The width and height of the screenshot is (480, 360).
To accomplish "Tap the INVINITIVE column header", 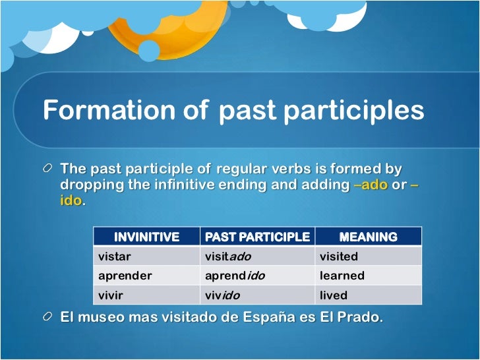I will [146, 237].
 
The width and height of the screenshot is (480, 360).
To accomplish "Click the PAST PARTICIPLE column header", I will [257, 237].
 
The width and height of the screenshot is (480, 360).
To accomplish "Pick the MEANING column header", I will [368, 237].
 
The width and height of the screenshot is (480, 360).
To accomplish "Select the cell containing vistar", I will [114, 256].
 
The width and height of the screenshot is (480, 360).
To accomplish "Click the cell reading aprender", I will [125, 276].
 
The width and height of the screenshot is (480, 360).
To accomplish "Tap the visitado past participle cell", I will [228, 256].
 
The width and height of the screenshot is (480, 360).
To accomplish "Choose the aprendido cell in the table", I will [235, 276].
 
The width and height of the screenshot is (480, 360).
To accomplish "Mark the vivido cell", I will [222, 295].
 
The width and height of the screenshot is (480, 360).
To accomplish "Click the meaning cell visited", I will [338, 256].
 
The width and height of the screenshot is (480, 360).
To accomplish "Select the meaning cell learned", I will [342, 276].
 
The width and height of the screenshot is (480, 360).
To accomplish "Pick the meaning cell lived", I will [333, 295].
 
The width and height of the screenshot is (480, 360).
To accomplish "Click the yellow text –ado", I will [371, 185].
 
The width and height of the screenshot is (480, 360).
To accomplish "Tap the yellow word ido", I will [71, 200].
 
